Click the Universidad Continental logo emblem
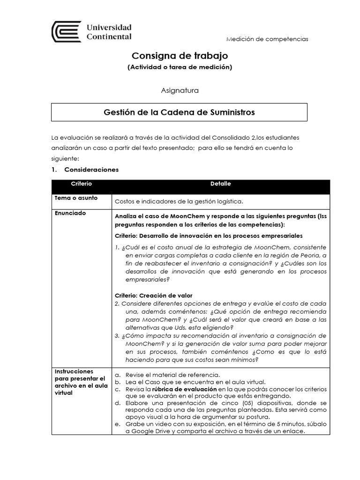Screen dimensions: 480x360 pos(66,32)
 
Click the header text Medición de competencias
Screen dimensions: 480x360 pos(267,39)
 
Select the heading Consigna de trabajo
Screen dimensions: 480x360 pos(180,56)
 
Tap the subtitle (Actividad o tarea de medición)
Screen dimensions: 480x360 pos(180,67)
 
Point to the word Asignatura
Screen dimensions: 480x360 pos(180,90)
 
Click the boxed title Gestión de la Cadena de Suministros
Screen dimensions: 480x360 pos(180,112)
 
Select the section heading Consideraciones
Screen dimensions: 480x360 pos(91,169)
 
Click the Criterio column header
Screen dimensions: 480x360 pos(81,184)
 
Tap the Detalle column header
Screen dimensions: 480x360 pos(220,184)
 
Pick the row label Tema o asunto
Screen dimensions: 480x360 pos(76,198)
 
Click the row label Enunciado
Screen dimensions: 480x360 pos(71,213)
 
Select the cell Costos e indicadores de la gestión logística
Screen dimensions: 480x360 pos(179,202)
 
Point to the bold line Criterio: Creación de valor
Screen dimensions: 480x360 pos(154,295)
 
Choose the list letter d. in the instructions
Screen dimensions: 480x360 pos(118,403)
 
